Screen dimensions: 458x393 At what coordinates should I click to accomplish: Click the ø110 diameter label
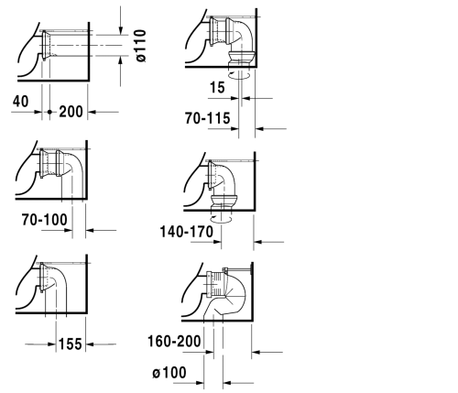(x=141, y=46)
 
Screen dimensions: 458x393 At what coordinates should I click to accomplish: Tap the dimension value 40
(x=21, y=101)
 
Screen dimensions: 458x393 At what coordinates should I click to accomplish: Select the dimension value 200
(x=71, y=112)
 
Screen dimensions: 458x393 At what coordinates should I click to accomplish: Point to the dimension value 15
(x=217, y=87)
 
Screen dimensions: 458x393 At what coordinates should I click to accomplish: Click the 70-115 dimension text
(x=208, y=118)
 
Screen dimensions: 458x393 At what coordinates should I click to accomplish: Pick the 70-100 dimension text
(x=45, y=220)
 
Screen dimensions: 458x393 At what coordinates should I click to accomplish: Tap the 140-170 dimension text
(x=187, y=232)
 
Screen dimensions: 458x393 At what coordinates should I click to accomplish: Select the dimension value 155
(x=71, y=344)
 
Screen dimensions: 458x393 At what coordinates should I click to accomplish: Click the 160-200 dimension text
(x=174, y=341)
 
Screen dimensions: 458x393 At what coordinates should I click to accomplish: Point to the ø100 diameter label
(x=169, y=373)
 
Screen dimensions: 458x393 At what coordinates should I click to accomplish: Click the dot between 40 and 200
(x=49, y=112)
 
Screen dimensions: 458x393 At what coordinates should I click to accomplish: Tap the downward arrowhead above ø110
(x=121, y=30)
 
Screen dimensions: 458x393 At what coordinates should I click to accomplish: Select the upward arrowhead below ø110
(x=121, y=60)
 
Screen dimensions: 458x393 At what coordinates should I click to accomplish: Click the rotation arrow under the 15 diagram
(x=240, y=75)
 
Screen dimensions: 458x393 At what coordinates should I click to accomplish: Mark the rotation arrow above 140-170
(x=221, y=218)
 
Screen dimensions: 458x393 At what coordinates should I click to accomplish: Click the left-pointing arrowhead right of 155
(x=90, y=344)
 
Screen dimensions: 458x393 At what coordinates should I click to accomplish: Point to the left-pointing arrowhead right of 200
(x=92, y=112)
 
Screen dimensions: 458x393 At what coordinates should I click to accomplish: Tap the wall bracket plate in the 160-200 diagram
(x=251, y=269)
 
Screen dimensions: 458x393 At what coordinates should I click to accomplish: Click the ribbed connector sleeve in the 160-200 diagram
(x=217, y=284)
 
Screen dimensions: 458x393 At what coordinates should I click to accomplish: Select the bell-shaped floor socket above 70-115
(x=242, y=58)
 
